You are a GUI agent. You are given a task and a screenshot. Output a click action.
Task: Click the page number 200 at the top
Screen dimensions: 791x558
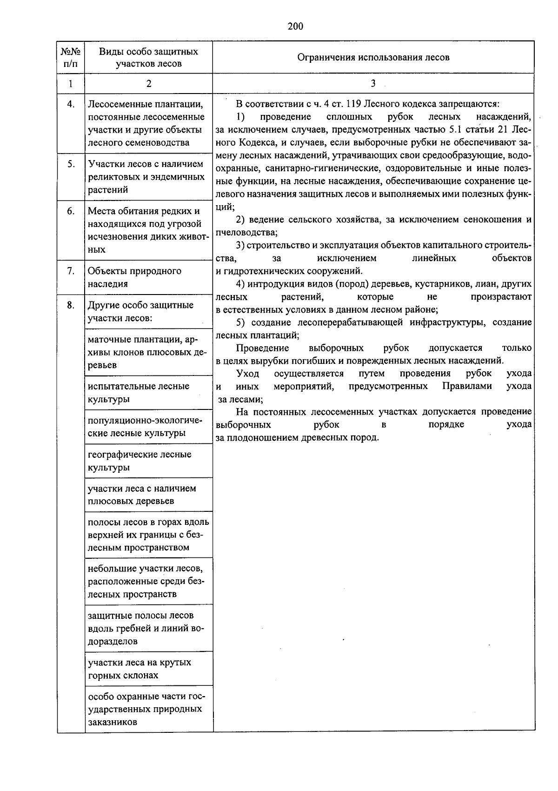[x=295, y=27]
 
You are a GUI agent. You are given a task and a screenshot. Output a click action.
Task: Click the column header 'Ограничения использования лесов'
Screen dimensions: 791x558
[x=373, y=58]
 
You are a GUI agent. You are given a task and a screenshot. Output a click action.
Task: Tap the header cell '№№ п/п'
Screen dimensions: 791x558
[x=71, y=58]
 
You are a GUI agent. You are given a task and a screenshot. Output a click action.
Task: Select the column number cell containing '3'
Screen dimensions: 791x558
[x=373, y=84]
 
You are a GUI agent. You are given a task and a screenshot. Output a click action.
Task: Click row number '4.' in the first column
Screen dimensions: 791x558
[x=71, y=104]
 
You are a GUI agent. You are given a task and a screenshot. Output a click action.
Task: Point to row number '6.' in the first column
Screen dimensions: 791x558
[x=71, y=211]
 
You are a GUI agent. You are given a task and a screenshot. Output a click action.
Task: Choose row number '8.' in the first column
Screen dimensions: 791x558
[x=71, y=305]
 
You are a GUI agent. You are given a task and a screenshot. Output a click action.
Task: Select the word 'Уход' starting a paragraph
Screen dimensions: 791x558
[x=247, y=373]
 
